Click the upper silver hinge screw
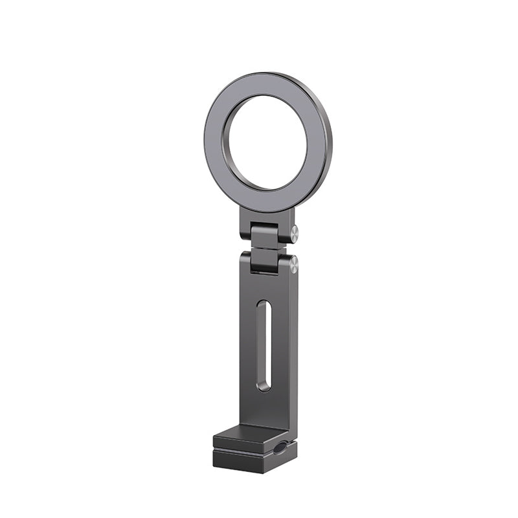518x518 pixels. [x=294, y=233]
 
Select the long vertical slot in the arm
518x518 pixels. [x=264, y=344]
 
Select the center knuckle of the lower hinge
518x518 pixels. [x=265, y=261]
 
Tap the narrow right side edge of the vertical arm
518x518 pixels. [x=293, y=350]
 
